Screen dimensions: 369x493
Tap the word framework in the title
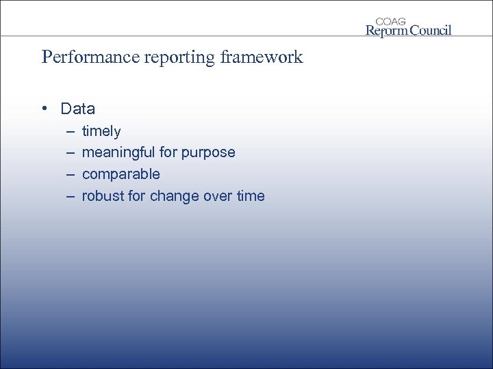pos(262,57)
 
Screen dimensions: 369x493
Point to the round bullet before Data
pos(45,109)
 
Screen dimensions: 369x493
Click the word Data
pos(77,109)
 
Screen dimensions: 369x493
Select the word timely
pos(101,131)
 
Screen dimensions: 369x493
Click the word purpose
pos(208,152)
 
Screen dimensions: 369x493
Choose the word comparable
pos(121,174)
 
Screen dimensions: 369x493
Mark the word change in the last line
pos(175,196)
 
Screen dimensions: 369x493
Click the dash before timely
pos(70,131)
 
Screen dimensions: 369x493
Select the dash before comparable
pos(70,174)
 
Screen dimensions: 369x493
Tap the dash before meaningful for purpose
pos(70,152)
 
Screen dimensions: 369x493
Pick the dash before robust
pos(70,196)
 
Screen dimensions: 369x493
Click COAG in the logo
pos(391,21)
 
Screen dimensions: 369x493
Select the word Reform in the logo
pos(388,30)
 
